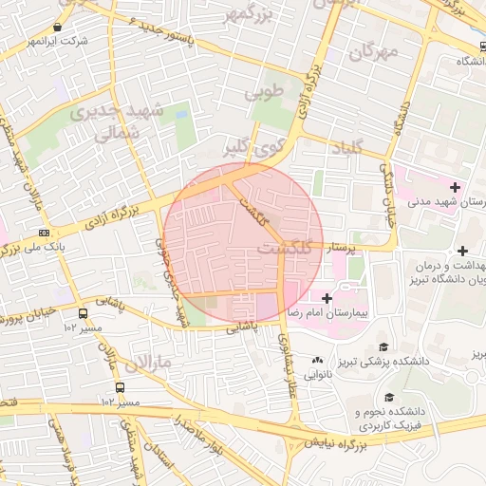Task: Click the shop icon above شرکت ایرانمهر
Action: point(59,28)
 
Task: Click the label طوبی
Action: point(265,94)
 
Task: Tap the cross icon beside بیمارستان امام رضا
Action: point(327,298)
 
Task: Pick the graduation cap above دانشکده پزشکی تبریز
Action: point(383,346)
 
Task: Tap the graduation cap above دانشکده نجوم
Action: point(388,398)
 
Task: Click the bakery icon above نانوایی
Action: point(317,361)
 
